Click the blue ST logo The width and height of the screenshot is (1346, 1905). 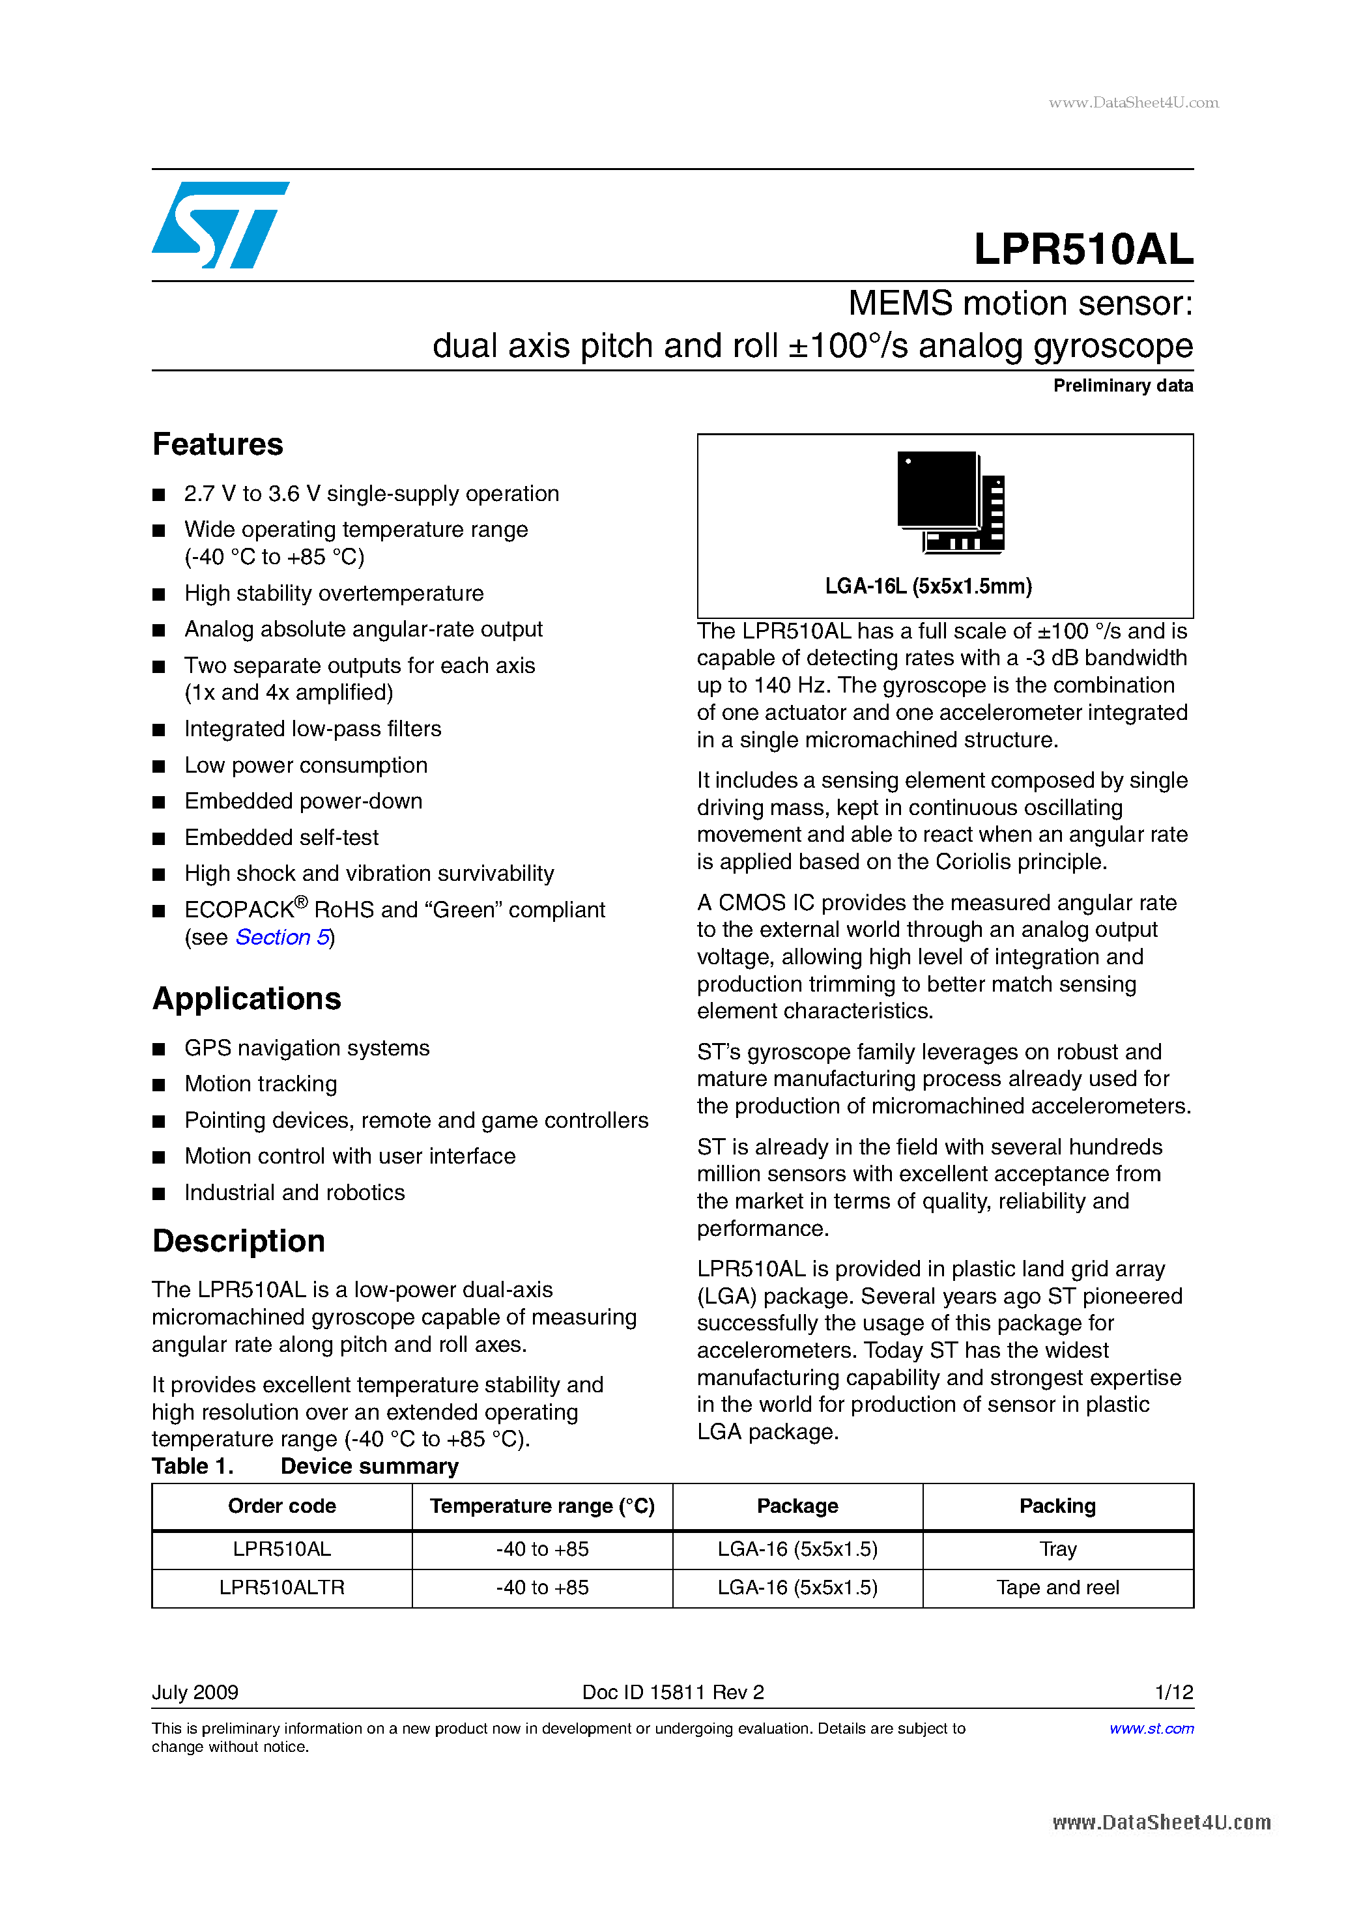(220, 225)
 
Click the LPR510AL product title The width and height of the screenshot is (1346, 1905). (1082, 249)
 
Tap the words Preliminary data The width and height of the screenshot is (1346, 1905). (1122, 386)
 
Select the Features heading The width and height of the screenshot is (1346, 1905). (218, 445)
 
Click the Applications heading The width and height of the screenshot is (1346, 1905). (246, 999)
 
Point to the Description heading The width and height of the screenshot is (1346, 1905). (238, 1241)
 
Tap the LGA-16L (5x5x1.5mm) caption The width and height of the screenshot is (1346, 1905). (928, 586)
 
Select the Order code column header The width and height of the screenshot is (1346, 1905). (281, 1506)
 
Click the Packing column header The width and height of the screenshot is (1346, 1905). (1057, 1506)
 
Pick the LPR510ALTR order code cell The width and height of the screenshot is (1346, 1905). (281, 1587)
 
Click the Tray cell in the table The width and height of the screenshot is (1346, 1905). (1057, 1549)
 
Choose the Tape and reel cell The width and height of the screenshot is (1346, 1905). (1057, 1587)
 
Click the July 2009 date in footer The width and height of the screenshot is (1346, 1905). (195, 1693)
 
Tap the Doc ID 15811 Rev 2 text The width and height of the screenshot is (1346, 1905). (672, 1693)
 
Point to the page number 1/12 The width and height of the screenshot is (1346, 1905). (1173, 1693)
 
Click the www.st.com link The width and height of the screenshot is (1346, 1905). (1151, 1728)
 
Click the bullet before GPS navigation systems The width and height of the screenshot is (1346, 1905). (158, 1050)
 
